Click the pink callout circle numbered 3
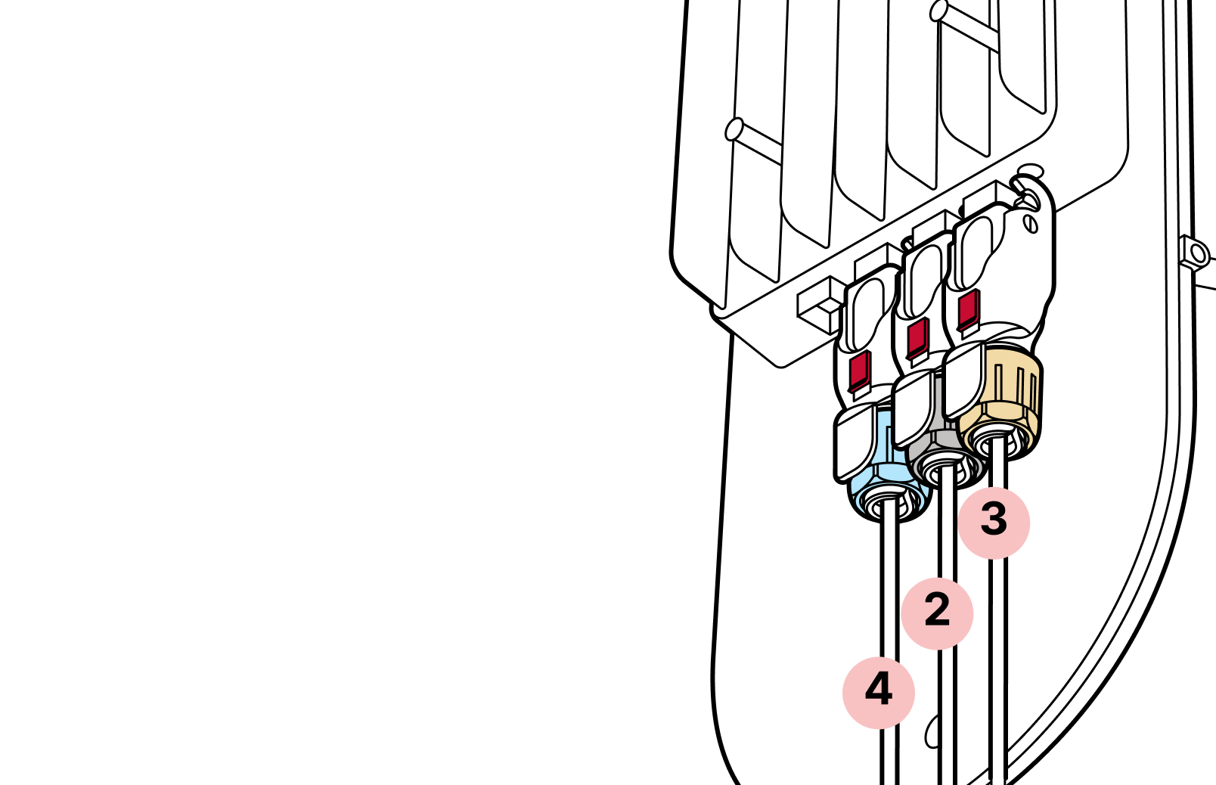[x=994, y=523]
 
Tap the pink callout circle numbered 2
[x=937, y=613]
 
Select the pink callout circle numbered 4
[x=878, y=693]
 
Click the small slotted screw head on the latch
[x=1030, y=224]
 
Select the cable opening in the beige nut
[x=997, y=439]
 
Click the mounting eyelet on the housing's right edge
[x=1194, y=253]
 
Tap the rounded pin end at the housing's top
[x=938, y=11]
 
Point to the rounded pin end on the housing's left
[x=734, y=130]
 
